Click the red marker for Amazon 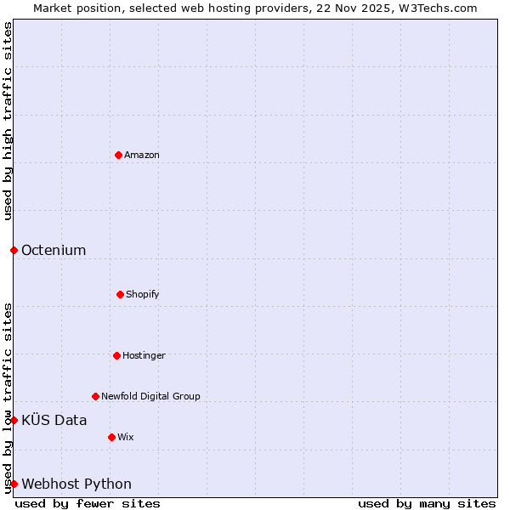[118, 155]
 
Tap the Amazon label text [142, 155]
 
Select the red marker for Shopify [120, 294]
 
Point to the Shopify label [143, 294]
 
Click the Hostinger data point [116, 355]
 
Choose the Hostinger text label [144, 355]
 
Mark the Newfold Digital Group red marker [95, 396]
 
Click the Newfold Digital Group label [150, 396]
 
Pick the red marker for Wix [111, 437]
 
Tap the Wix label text [126, 437]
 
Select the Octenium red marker [14, 250]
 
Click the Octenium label [54, 250]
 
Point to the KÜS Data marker [14, 420]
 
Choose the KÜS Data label [54, 420]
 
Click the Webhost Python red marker [14, 484]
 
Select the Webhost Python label [76, 484]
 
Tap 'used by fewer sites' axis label [88, 503]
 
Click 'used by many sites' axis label [427, 503]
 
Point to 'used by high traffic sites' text [8, 121]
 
